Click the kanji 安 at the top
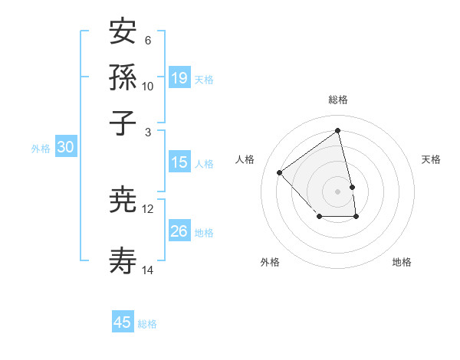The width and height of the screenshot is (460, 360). pyautogui.click(x=123, y=32)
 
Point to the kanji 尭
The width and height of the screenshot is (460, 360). pyautogui.click(x=123, y=201)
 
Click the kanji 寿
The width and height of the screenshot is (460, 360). pyautogui.click(x=123, y=262)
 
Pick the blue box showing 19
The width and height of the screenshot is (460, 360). pyautogui.click(x=179, y=78)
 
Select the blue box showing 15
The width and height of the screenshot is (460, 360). pyautogui.click(x=179, y=162)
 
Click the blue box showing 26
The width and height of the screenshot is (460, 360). pyautogui.click(x=179, y=231)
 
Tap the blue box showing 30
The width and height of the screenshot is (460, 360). pyautogui.click(x=65, y=148)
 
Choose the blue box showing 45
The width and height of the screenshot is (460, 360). pyautogui.click(x=123, y=322)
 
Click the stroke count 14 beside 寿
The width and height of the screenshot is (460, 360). pyautogui.click(x=148, y=270)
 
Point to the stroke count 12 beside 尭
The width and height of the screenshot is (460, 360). pyautogui.click(x=148, y=208)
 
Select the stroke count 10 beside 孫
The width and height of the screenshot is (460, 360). pyautogui.click(x=148, y=86)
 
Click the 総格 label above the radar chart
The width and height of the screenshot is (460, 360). pyautogui.click(x=338, y=100)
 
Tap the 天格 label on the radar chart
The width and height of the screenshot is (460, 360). pyautogui.click(x=431, y=159)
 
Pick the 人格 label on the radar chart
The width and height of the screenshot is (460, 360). pyautogui.click(x=245, y=159)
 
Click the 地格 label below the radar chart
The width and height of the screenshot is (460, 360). pyautogui.click(x=402, y=262)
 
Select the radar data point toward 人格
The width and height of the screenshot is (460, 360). pyautogui.click(x=280, y=172)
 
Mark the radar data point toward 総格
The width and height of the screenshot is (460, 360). pyautogui.click(x=338, y=131)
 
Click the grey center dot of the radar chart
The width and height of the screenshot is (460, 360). pyautogui.click(x=338, y=191)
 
